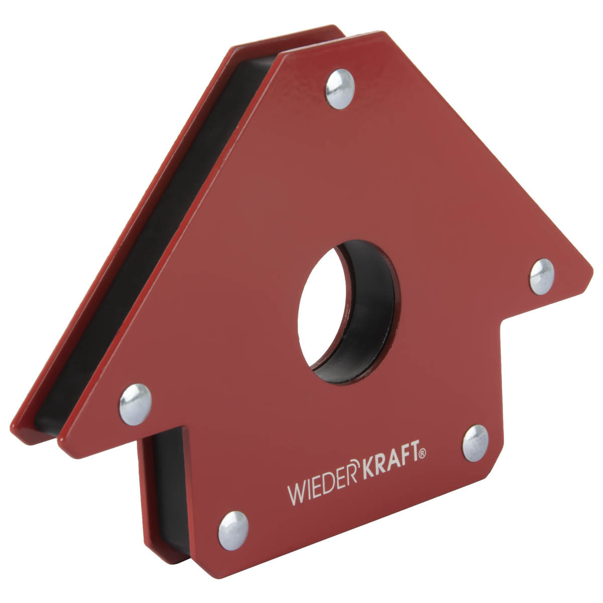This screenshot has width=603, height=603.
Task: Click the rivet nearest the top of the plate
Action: [340, 89]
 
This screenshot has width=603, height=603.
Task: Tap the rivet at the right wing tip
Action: [542, 276]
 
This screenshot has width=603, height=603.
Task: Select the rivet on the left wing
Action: [135, 404]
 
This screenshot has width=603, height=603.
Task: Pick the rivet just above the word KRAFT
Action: [475, 443]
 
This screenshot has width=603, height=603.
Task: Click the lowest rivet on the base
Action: [233, 531]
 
